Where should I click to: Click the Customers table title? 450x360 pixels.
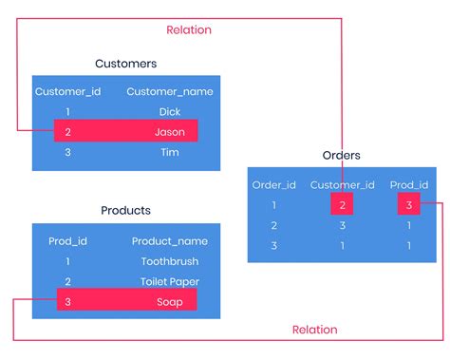coord(126,64)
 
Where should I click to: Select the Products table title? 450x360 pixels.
coord(126,210)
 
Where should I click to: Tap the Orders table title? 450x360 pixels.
coord(342,156)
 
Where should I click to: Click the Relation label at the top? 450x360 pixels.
coord(189,29)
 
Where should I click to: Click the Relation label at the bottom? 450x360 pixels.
coord(314,330)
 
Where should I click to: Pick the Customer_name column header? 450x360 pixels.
coord(170,92)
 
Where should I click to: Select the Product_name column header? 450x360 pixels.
coord(170,241)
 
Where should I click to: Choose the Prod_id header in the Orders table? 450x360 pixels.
coord(409,184)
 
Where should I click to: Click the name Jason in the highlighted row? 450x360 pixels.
coord(170,131)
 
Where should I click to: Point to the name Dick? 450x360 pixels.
coord(170,112)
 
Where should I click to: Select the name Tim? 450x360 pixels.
coord(170,151)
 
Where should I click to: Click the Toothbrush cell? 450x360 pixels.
coord(170,261)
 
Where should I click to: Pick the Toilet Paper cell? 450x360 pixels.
coord(170,281)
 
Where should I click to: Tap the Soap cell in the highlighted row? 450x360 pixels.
coord(170,300)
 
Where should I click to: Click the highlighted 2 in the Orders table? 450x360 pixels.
coord(342,204)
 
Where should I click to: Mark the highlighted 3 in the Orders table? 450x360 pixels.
coord(409,204)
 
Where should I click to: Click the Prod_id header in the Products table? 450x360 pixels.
coord(67,241)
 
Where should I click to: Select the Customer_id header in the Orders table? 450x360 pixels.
coord(342,184)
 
